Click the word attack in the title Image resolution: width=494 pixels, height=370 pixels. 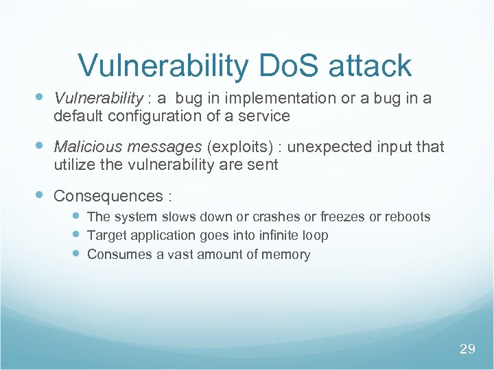370,66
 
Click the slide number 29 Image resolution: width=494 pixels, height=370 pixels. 467,349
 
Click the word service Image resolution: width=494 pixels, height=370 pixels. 266,116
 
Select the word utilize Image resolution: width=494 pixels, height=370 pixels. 74,164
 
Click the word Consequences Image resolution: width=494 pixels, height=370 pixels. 106,196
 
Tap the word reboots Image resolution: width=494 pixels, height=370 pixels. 408,217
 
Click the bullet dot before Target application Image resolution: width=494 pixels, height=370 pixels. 77,235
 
